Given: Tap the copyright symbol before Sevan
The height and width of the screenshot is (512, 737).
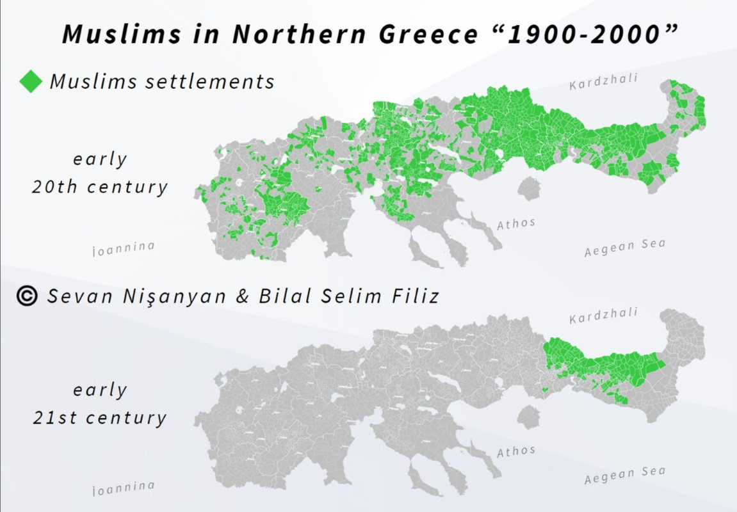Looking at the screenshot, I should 27,296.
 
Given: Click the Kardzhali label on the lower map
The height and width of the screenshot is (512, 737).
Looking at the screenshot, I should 603,316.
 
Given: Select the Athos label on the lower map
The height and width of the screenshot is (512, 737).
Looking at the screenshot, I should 516,451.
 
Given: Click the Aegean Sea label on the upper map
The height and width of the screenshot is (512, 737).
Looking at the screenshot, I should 625,248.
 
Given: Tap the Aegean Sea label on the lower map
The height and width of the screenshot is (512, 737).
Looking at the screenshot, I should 625,476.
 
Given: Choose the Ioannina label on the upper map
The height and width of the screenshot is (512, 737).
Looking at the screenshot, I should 124,248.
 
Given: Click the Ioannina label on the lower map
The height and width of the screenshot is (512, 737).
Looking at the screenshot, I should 124,488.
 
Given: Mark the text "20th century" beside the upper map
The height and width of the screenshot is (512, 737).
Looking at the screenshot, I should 100,187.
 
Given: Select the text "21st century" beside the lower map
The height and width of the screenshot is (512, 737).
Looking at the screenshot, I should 100,418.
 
